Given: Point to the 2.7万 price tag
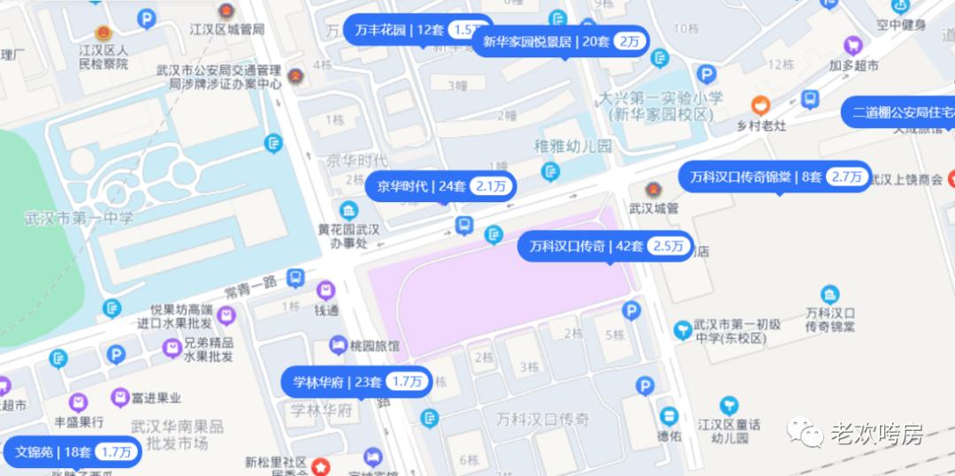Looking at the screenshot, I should click(x=846, y=177).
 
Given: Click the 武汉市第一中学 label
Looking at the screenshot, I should click(x=80, y=217).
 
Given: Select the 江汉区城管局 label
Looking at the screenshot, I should click(x=227, y=29).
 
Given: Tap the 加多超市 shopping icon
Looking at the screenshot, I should click(x=853, y=44).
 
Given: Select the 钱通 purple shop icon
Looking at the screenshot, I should click(x=326, y=290).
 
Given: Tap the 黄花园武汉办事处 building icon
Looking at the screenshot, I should click(x=349, y=210).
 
